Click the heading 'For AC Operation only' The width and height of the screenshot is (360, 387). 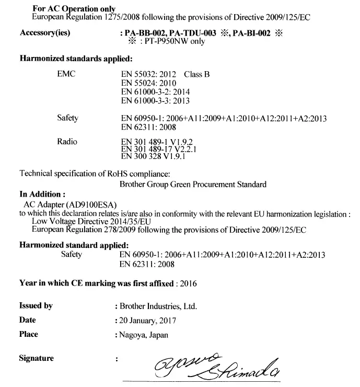[74, 9]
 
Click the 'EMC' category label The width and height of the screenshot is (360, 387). [66, 74]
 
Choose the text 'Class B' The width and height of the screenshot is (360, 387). [197, 74]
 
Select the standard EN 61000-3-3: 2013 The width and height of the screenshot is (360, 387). [155, 100]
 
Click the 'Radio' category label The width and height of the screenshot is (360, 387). [67, 141]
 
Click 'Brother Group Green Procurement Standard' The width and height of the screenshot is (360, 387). [193, 184]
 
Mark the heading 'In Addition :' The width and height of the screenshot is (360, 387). [42, 194]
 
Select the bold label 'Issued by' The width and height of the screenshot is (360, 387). [36, 306]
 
